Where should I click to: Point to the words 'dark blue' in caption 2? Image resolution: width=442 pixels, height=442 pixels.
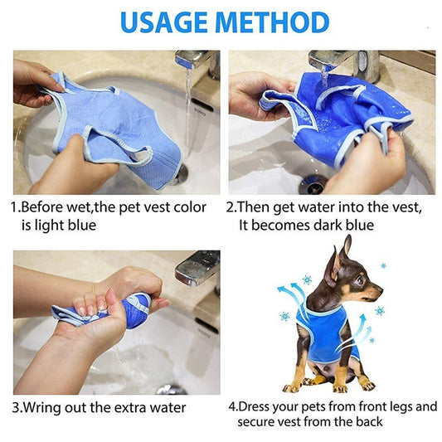point(341,225)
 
